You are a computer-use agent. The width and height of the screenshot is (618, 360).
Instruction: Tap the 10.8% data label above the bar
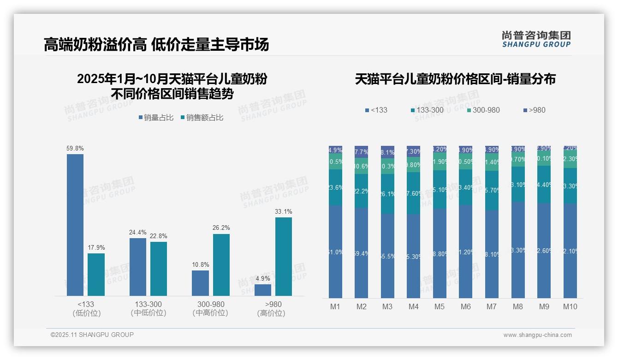click(x=200, y=264)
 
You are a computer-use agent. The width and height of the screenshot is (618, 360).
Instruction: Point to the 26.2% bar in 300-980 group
click(x=221, y=265)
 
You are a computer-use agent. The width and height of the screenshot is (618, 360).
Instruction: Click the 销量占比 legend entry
click(x=155, y=118)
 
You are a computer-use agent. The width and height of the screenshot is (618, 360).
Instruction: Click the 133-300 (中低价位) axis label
click(x=148, y=308)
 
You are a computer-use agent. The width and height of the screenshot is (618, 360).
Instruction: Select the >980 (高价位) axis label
click(x=273, y=308)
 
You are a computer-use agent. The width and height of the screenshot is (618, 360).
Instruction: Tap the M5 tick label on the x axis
click(x=440, y=306)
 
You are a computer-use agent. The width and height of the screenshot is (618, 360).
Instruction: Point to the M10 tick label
click(x=570, y=306)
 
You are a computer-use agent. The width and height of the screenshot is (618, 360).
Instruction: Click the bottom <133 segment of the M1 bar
click(x=335, y=252)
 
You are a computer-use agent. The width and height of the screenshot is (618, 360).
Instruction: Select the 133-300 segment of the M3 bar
click(x=387, y=194)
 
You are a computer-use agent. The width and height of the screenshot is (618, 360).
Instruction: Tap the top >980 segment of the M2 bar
click(x=362, y=152)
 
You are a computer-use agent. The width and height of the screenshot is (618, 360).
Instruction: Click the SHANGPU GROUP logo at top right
click(x=536, y=39)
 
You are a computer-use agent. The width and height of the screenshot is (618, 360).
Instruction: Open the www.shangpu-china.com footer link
click(x=537, y=335)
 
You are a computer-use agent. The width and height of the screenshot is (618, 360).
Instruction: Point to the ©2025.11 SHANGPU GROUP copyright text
click(x=92, y=335)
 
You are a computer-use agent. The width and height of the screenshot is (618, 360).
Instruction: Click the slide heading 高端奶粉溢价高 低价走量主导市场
click(x=156, y=45)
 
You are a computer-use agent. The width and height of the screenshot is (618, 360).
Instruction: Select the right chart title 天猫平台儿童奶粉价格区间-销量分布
click(x=455, y=79)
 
